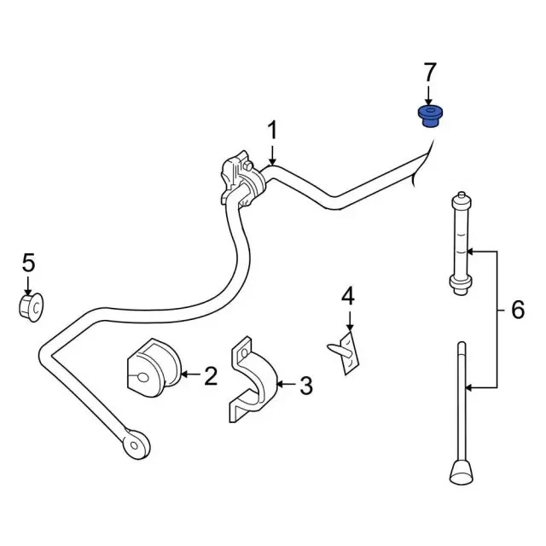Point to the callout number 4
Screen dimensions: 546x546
(x=347, y=296)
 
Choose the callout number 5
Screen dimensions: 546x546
(x=28, y=262)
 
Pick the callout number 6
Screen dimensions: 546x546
(x=518, y=311)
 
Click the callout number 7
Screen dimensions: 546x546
(x=430, y=73)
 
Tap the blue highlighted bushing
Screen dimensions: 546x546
(x=430, y=115)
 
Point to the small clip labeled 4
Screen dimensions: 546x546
(x=346, y=351)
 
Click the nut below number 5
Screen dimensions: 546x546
(x=32, y=305)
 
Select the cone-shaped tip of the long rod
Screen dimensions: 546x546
(x=462, y=470)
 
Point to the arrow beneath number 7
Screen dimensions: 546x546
(x=430, y=96)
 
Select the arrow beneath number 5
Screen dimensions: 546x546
(x=28, y=285)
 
